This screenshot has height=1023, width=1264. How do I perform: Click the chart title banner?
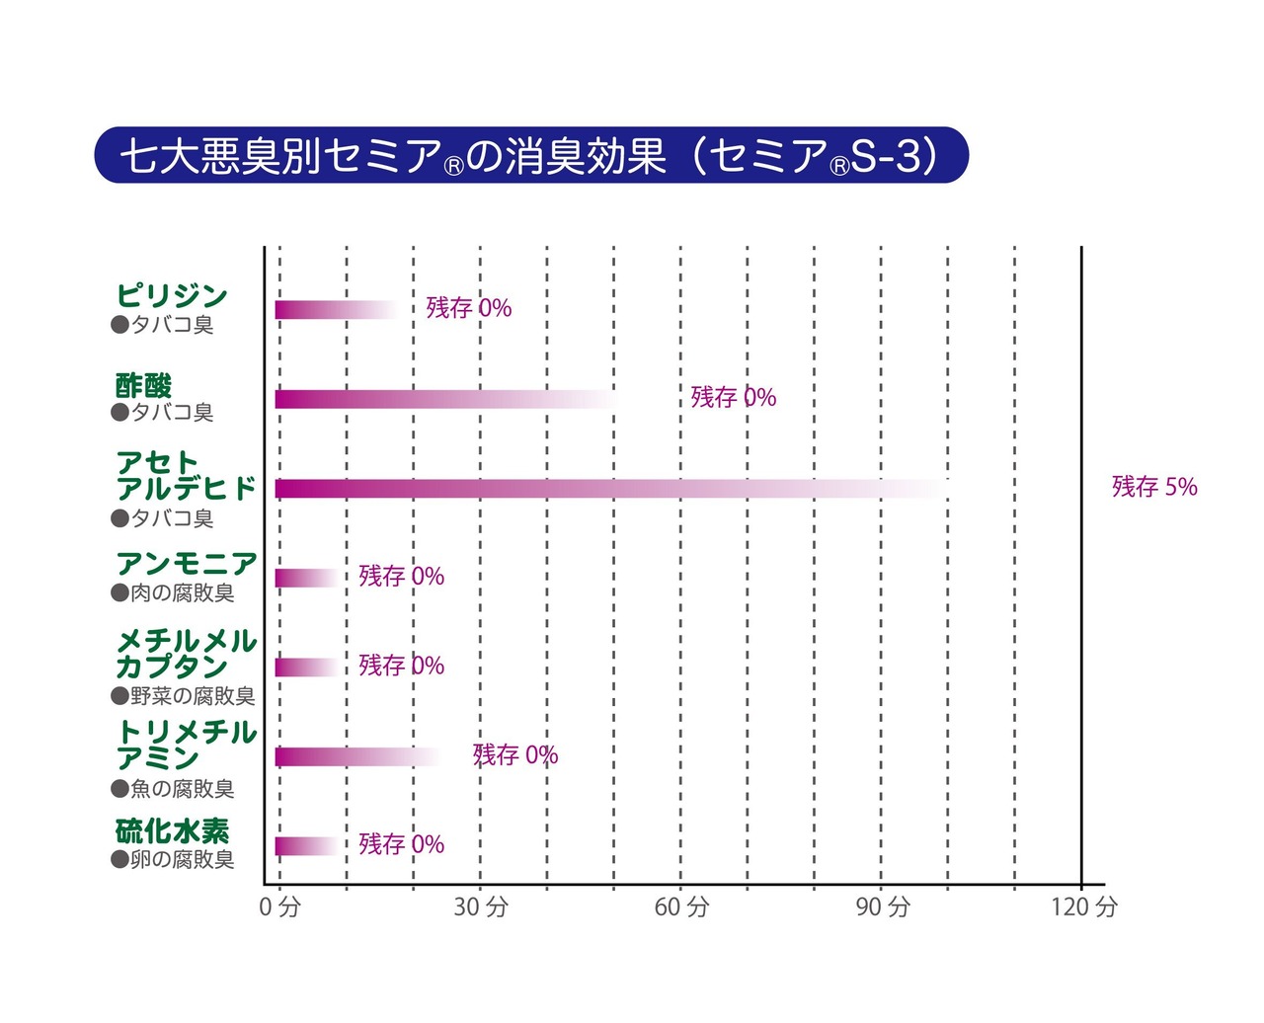click(x=531, y=155)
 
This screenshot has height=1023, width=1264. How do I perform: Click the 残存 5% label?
click(x=1154, y=487)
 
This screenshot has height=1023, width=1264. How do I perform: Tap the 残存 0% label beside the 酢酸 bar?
click(x=733, y=397)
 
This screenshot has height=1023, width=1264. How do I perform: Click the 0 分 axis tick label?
click(x=279, y=906)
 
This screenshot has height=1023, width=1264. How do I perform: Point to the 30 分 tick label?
click(x=481, y=906)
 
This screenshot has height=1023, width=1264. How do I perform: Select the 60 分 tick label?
click(x=681, y=906)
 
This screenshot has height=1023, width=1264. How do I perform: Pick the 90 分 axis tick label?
click(x=882, y=906)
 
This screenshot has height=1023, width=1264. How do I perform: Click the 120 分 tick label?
click(x=1083, y=906)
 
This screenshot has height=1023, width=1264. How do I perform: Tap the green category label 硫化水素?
click(x=172, y=831)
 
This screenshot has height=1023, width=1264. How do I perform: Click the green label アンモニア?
click(x=186, y=564)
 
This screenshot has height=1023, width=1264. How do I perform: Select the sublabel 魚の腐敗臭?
click(x=173, y=789)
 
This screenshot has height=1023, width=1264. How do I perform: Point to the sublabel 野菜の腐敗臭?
click(x=183, y=696)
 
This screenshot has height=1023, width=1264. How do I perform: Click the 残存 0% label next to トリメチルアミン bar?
click(x=515, y=755)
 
